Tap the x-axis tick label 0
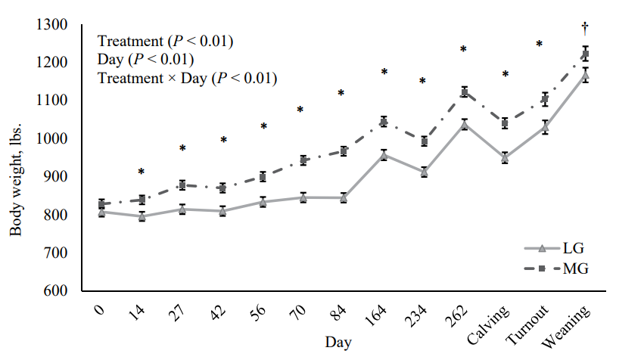pyautogui.click(x=100, y=310)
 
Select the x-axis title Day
pyautogui.click(x=338, y=342)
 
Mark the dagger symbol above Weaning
pyautogui.click(x=584, y=29)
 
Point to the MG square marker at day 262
pyautogui.click(x=464, y=92)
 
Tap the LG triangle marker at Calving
pyautogui.click(x=504, y=158)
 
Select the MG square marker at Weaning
pyautogui.click(x=584, y=54)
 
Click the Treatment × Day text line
pyautogui.click(x=187, y=77)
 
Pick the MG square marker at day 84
pyautogui.click(x=343, y=151)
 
